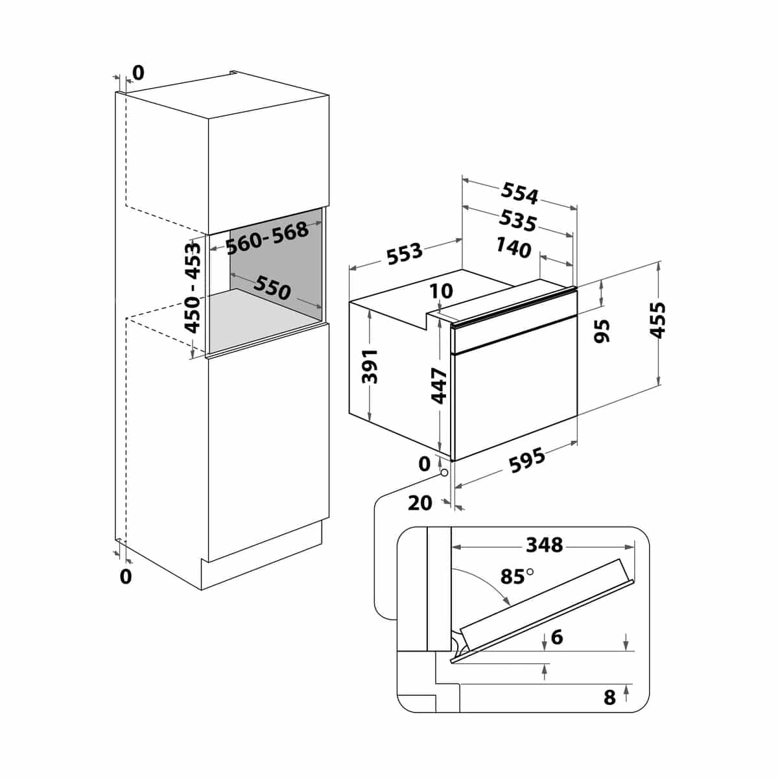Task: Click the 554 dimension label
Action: (x=519, y=193)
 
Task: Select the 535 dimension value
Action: (x=517, y=221)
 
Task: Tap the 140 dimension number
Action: (x=513, y=247)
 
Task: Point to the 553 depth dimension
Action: (x=405, y=253)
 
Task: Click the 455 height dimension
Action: (x=657, y=320)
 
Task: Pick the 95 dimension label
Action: (x=602, y=331)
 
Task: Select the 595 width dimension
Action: (x=527, y=461)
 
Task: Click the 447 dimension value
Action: (x=439, y=386)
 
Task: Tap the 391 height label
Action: (x=370, y=366)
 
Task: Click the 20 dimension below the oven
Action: (x=420, y=503)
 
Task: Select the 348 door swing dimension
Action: (x=544, y=545)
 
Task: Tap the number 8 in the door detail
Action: (x=609, y=697)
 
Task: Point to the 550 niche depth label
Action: (x=272, y=287)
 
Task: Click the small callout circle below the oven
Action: (x=444, y=473)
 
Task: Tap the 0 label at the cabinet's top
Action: (x=138, y=73)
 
